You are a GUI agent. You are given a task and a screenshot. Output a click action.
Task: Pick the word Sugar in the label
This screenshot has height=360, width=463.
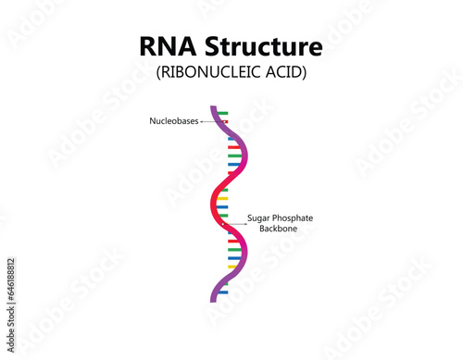[x=260, y=217]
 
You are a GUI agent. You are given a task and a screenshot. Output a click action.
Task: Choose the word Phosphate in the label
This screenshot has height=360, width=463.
[x=295, y=217]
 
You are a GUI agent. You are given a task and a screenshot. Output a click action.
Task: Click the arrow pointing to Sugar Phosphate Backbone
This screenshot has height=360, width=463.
[x=234, y=223]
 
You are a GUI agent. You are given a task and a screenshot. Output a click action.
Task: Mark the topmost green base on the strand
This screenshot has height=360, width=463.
[x=223, y=113]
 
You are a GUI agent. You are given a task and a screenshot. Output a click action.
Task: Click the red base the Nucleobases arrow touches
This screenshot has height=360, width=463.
[x=224, y=121]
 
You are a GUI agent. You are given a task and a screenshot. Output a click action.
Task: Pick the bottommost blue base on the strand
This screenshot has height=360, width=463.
[x=223, y=292]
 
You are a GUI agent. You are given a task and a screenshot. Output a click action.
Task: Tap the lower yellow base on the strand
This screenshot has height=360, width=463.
[x=233, y=267]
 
